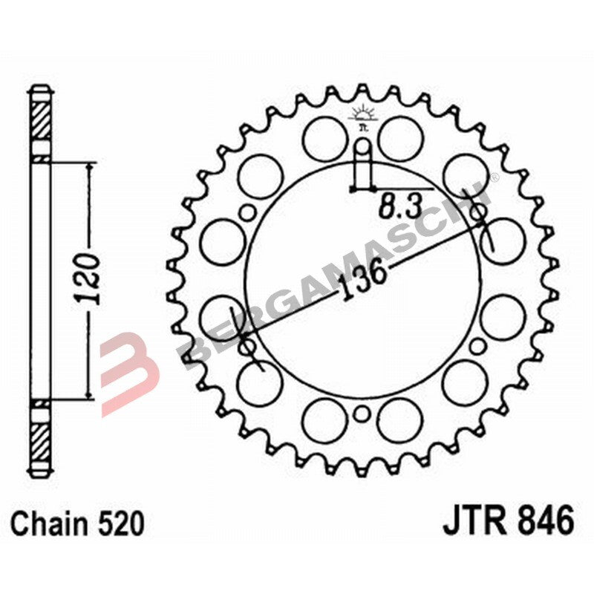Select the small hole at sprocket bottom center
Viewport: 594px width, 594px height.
(x=362, y=414)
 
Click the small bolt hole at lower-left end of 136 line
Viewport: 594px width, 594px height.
(x=246, y=346)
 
